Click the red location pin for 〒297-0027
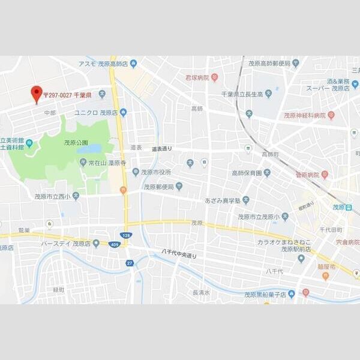36,94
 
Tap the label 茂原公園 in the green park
76,142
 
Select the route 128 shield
125,236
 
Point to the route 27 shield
129,262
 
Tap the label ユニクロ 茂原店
95,112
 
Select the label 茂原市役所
156,172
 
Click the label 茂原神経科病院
305,115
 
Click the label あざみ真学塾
223,200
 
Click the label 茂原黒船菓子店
265,295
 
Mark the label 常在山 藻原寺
106,163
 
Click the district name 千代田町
331,229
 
